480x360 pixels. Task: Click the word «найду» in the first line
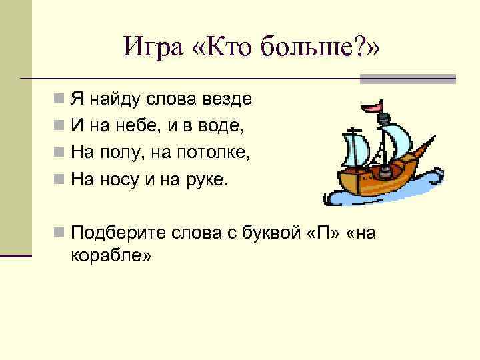113,99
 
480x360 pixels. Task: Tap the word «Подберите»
118,233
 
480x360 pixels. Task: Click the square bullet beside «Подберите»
59,233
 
